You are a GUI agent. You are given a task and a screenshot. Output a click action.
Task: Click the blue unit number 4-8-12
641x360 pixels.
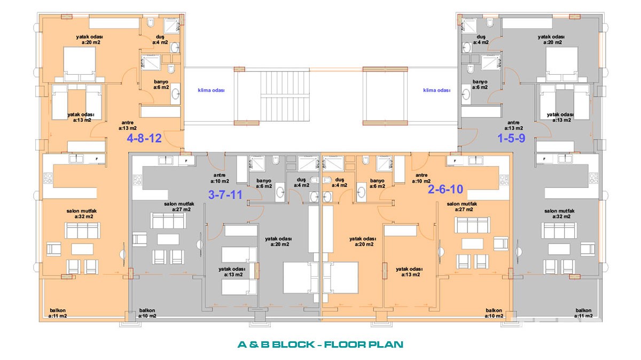(144, 138)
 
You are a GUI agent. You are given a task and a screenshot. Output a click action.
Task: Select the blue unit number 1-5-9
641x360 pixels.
(511, 138)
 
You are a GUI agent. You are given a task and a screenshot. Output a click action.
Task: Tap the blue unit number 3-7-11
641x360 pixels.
(225, 195)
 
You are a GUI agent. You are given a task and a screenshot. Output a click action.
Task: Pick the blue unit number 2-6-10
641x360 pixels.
(445, 189)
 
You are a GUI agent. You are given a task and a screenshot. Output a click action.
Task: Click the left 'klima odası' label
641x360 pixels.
(211, 90)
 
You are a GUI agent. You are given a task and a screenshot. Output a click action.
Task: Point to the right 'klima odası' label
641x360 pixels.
(437, 90)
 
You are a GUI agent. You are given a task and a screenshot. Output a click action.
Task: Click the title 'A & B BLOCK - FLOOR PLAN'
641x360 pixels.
(320, 345)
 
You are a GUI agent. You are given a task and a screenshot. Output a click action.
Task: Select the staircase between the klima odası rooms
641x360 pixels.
(285, 96)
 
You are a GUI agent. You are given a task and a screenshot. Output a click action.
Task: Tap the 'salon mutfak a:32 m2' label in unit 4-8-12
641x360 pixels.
(82, 214)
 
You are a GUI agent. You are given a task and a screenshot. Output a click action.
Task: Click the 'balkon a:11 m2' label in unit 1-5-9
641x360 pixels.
(583, 313)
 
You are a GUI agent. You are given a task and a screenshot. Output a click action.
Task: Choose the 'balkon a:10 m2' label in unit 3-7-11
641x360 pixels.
(147, 313)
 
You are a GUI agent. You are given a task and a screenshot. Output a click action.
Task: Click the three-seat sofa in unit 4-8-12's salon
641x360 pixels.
(82, 230)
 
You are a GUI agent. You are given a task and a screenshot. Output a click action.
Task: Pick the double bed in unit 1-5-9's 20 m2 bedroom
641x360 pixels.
(561, 65)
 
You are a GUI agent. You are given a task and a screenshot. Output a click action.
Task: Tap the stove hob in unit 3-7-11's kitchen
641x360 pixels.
(137, 181)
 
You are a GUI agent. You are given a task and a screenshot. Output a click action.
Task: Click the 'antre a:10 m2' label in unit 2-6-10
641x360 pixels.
(421, 178)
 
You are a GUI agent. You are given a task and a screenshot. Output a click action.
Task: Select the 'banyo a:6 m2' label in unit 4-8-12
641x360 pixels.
(161, 84)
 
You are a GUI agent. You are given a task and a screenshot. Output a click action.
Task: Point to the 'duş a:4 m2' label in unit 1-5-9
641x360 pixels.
(481, 40)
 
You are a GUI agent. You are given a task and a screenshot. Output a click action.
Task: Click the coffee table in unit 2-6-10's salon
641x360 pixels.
(472, 244)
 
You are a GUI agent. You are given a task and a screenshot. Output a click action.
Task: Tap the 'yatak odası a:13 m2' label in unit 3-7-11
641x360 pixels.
(232, 272)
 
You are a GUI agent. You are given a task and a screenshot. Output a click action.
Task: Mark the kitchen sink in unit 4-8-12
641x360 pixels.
(76, 159)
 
